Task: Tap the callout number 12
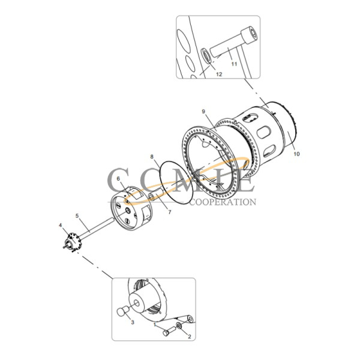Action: pyautogui.click(x=218, y=75)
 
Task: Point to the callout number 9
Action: pyautogui.click(x=203, y=112)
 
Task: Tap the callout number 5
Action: pyautogui.click(x=77, y=215)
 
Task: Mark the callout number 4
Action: pyautogui.click(x=60, y=225)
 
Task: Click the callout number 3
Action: pyautogui.click(x=133, y=323)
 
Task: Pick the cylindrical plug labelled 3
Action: pyautogui.click(x=122, y=312)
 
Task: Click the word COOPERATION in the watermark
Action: pyautogui.click(x=223, y=202)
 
